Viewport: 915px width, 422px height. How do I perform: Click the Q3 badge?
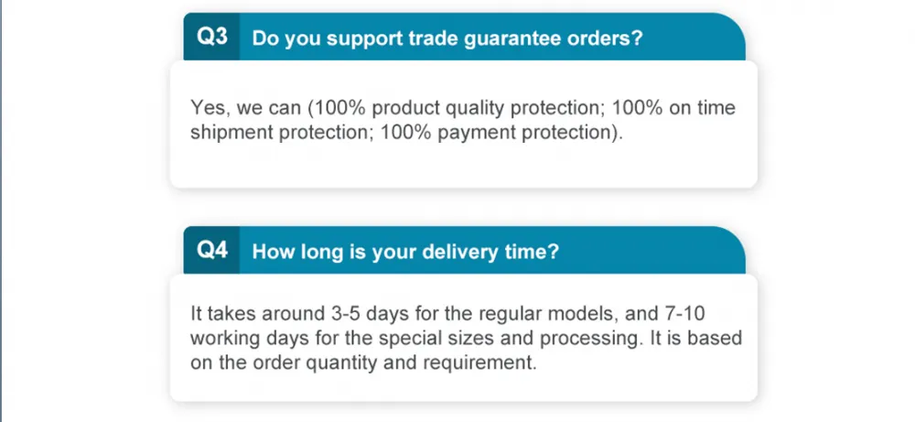[x=212, y=37]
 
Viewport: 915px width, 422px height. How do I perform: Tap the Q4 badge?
[x=212, y=251]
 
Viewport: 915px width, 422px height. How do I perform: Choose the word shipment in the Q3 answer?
[x=232, y=133]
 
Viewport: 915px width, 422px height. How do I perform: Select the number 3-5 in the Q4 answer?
[x=340, y=314]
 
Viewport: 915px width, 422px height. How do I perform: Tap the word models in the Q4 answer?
[x=584, y=314]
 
